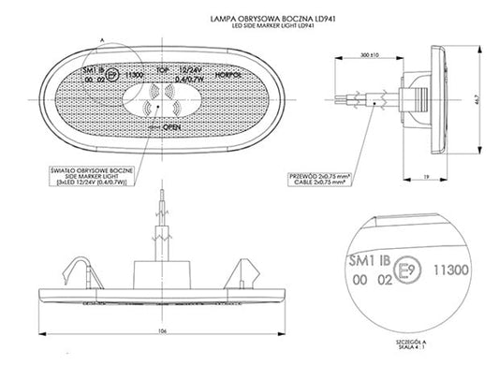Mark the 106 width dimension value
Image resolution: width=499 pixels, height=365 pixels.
(162, 330)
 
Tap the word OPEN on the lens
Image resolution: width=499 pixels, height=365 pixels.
(171, 124)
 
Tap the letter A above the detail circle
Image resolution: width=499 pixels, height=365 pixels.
(100, 32)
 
